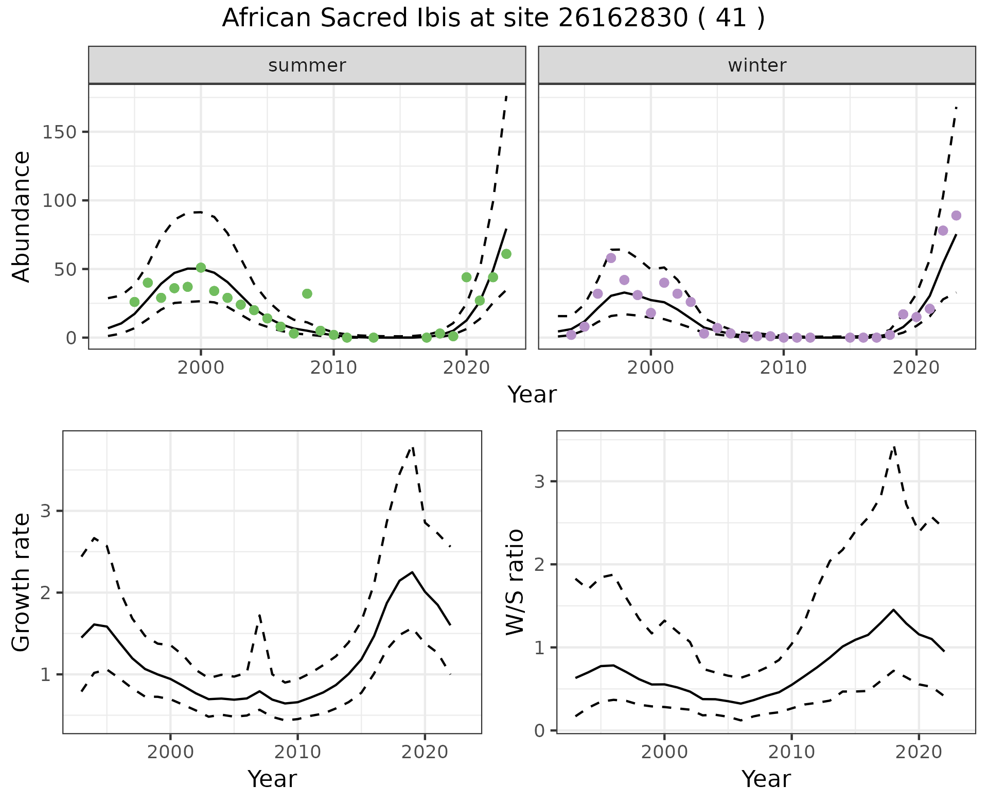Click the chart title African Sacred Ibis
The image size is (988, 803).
pyautogui.click(x=493, y=19)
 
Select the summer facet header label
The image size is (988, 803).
pyautogui.click(x=307, y=65)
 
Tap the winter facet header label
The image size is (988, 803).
pyautogui.click(x=756, y=65)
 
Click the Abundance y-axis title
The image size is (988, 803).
pyautogui.click(x=22, y=216)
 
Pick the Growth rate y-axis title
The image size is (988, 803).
pyautogui.click(x=22, y=582)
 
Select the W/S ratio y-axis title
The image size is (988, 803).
pyautogui.click(x=515, y=582)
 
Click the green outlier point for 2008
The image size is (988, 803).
pyautogui.click(x=307, y=294)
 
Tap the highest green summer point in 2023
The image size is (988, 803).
pyautogui.click(x=506, y=254)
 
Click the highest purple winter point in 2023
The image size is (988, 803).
pyautogui.click(x=956, y=216)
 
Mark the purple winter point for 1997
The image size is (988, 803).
pyautogui.click(x=611, y=258)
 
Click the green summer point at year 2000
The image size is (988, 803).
pyautogui.click(x=201, y=268)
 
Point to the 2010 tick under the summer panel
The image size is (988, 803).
pyautogui.click(x=333, y=368)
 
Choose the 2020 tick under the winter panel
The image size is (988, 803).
pyautogui.click(x=916, y=368)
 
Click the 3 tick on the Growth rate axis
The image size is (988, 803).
pyautogui.click(x=50, y=511)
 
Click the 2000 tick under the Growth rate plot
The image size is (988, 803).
pyautogui.click(x=170, y=752)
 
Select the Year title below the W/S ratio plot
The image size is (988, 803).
pyautogui.click(x=766, y=779)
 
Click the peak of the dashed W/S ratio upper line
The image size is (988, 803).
pyautogui.click(x=894, y=447)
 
